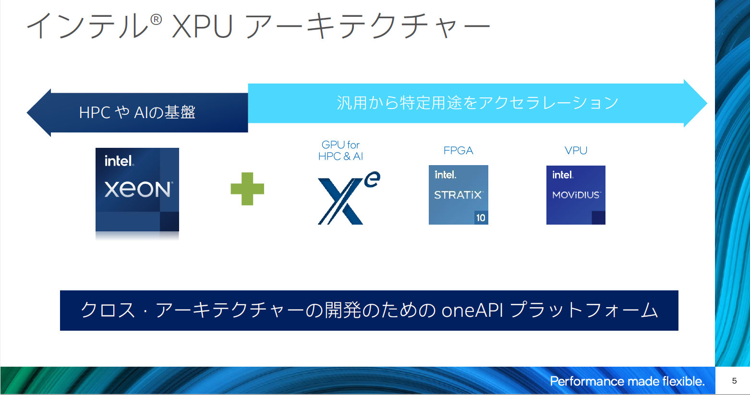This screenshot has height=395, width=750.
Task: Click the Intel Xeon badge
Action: pos(137,190)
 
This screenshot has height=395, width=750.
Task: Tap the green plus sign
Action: pos(247,189)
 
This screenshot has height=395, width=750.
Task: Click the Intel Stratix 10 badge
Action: pos(459,195)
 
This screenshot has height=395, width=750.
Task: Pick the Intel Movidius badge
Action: pos(576,195)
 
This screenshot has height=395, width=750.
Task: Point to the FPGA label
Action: pos(458,151)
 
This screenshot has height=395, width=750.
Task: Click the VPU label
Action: pos(576,151)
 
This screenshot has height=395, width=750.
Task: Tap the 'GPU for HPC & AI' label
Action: pos(340,151)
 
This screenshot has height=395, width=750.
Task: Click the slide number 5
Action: pos(734,381)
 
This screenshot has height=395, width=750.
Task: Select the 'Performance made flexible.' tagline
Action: pos(627,381)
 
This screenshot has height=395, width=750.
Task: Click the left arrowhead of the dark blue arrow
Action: pos(38,112)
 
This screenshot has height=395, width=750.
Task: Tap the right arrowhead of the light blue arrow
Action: pos(695,104)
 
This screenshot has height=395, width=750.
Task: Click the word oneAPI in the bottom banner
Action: pos(472,311)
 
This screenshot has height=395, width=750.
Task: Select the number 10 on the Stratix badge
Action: pos(481,218)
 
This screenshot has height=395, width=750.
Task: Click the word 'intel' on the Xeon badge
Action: pos(119,161)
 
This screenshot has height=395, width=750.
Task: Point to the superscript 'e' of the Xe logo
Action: pos(372,180)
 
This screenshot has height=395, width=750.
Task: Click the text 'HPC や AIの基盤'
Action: pos(137,112)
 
